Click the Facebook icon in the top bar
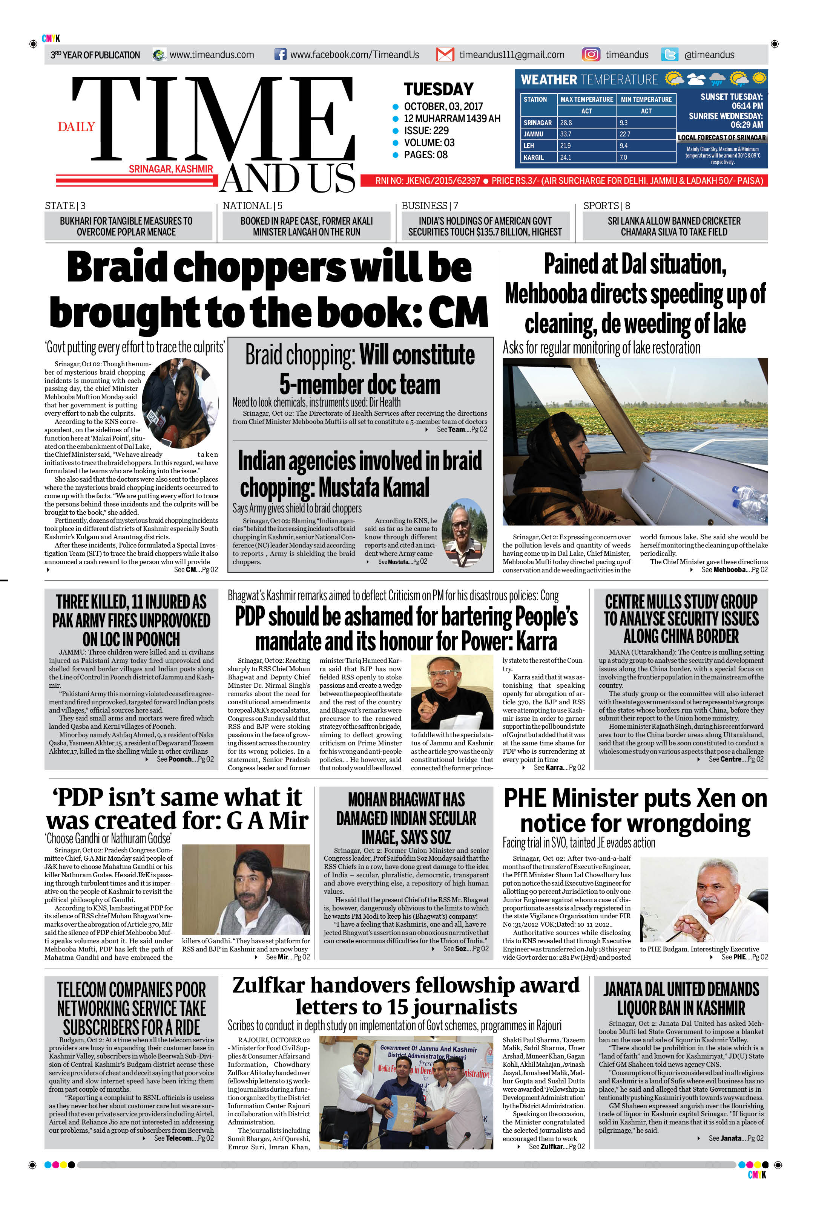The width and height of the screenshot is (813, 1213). (x=280, y=54)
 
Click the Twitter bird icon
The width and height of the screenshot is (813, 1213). (x=669, y=54)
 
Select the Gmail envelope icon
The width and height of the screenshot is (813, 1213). (x=445, y=54)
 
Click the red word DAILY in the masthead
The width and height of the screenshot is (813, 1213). (x=76, y=127)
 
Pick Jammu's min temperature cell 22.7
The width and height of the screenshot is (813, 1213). (x=646, y=134)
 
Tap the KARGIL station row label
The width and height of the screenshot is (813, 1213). (x=534, y=158)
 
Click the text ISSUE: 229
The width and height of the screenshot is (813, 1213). (x=426, y=131)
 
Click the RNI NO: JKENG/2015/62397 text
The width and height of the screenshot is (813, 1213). (x=427, y=181)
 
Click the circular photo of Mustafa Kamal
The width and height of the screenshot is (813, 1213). (x=464, y=532)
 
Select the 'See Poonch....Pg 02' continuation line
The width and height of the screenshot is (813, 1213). (x=185, y=759)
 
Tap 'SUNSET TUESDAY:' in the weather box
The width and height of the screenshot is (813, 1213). (x=731, y=97)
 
